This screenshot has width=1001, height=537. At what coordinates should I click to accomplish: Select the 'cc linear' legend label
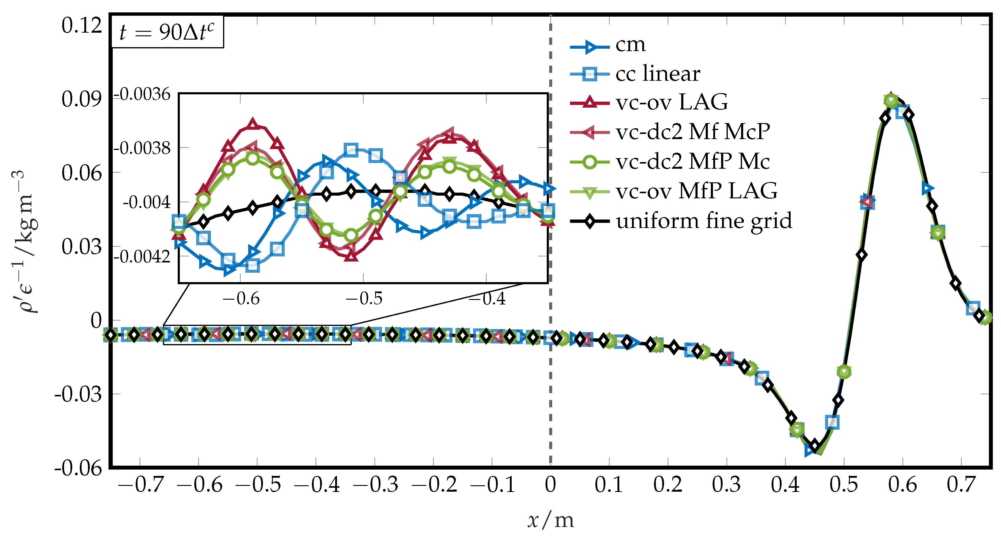pyautogui.click(x=657, y=73)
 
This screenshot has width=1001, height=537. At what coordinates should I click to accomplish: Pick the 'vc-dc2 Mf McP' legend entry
pyautogui.click(x=692, y=132)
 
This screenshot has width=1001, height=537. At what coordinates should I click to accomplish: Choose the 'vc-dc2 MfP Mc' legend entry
pyautogui.click(x=692, y=161)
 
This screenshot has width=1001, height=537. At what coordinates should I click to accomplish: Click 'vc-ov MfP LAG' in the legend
pyautogui.click(x=696, y=191)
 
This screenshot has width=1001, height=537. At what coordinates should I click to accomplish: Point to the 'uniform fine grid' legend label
pyautogui.click(x=704, y=221)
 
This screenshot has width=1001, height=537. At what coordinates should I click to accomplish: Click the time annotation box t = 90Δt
pyautogui.click(x=167, y=32)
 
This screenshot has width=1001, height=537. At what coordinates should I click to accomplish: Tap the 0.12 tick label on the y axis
pyautogui.click(x=81, y=26)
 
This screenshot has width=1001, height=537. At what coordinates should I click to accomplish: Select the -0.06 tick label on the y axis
pyautogui.click(x=78, y=467)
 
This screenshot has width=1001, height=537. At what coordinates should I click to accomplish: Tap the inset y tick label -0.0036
pyautogui.click(x=142, y=95)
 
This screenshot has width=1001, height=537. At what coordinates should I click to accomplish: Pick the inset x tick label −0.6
pyautogui.click(x=241, y=299)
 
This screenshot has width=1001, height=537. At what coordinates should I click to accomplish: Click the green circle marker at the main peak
pyautogui.click(x=891, y=101)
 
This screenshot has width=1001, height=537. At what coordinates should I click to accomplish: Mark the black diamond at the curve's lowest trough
pyautogui.click(x=815, y=446)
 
